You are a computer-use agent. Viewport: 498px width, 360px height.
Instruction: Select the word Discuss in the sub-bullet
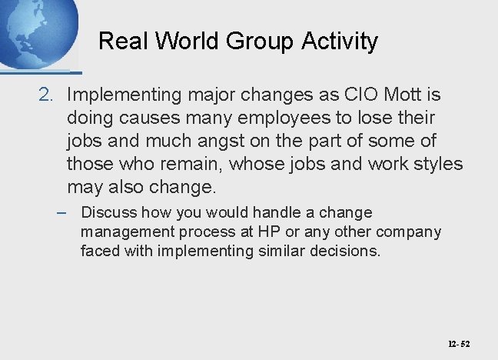click(108, 212)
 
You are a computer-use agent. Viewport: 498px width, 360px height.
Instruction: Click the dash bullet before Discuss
click(64, 212)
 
